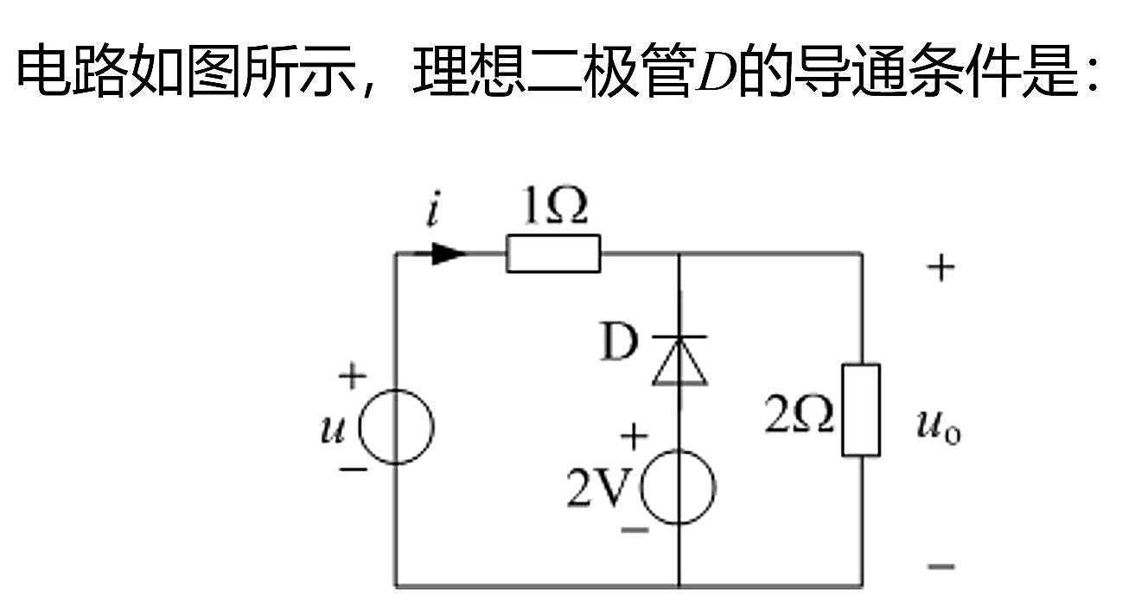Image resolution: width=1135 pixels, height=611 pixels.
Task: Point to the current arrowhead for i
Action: point(449,253)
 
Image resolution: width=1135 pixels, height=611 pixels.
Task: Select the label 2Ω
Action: point(799,415)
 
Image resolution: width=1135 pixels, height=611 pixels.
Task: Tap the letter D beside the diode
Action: point(618,342)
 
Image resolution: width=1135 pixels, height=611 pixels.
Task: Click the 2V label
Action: point(599,487)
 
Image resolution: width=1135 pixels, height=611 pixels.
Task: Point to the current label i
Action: point(433,208)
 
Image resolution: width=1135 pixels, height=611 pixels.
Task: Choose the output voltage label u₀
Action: point(939,426)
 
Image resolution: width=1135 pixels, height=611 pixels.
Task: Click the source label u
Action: point(333,430)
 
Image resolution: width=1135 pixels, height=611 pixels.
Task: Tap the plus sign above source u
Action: point(352,376)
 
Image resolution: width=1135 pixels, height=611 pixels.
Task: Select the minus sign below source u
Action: point(354,469)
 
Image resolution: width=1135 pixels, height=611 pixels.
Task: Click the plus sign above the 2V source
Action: point(634,436)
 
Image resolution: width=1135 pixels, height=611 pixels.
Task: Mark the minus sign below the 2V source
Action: point(635,531)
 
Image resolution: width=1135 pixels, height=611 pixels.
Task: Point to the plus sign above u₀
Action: point(941,267)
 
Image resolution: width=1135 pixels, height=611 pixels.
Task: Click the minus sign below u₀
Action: point(941,566)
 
